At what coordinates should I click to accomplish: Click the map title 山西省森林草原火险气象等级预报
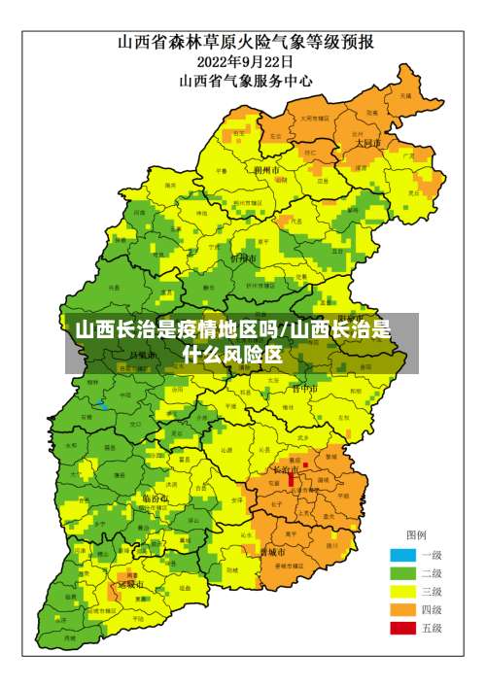click(x=246, y=42)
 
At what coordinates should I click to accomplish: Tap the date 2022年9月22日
click(x=246, y=61)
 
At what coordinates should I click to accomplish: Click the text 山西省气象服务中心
click(x=246, y=82)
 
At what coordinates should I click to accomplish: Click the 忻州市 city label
click(x=242, y=259)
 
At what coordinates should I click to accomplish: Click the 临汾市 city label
click(x=156, y=498)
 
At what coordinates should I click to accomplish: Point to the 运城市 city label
click(x=130, y=585)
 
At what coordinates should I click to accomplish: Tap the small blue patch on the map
click(x=101, y=403)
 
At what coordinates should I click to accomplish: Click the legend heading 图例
click(x=416, y=535)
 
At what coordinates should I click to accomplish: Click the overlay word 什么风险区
click(x=233, y=355)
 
